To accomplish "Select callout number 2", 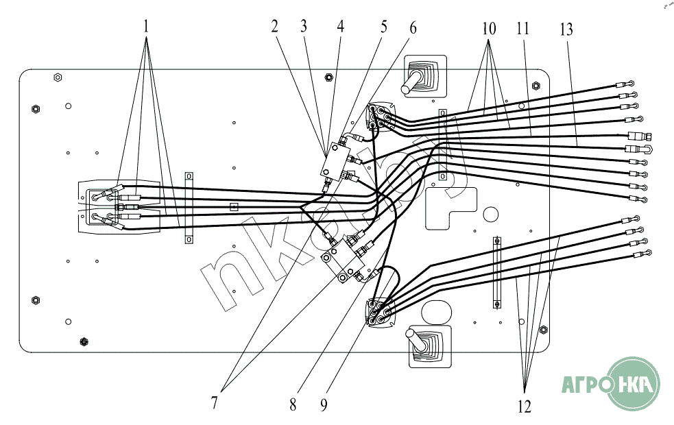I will tap(274, 27).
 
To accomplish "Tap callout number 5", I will tap(384, 27).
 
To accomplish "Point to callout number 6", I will tap(412, 27).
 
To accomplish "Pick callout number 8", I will tap(293, 404).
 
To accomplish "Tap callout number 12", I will tap(525, 406).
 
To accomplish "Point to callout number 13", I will tap(566, 29).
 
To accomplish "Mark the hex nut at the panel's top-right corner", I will tap(536, 86).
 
